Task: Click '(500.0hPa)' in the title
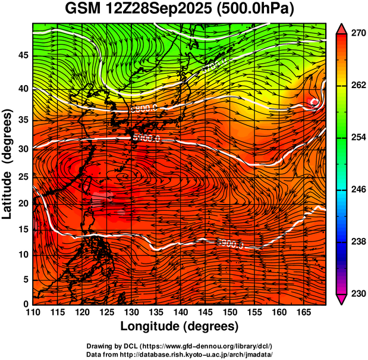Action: pos(260,10)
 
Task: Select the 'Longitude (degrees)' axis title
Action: pos(180,326)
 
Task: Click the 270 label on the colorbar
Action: pos(358,34)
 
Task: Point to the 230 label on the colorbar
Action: pos(358,293)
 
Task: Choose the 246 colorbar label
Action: pos(358,190)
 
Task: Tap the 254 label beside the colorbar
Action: pos(358,137)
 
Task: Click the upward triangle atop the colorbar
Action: pos(342,28)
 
